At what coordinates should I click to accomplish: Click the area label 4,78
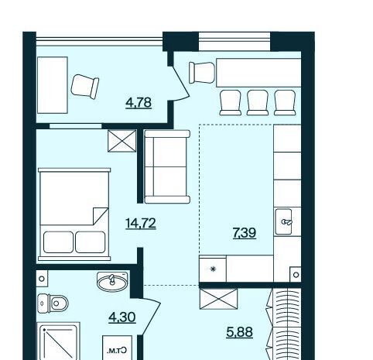point(139,103)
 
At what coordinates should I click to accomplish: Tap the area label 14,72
point(141,223)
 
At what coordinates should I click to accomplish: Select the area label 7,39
point(245,233)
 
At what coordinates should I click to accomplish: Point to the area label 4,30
point(122,317)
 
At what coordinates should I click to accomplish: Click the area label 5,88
point(239,332)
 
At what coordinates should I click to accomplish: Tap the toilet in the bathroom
point(53,303)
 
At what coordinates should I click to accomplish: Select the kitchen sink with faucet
point(284,221)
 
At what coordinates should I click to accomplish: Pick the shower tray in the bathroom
point(58,341)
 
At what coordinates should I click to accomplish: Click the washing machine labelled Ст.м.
point(118,348)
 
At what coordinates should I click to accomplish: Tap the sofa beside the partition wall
point(167,166)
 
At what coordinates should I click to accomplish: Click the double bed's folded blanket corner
point(101,216)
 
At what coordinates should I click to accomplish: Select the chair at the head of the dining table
point(202,73)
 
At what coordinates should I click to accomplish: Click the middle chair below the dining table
point(258,102)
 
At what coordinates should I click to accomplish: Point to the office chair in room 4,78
point(85,87)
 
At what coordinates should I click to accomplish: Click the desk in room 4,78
point(53,85)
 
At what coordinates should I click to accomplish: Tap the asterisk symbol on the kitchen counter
point(213,269)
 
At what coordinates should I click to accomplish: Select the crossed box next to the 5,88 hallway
point(219,299)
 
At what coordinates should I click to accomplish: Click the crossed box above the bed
point(122,141)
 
